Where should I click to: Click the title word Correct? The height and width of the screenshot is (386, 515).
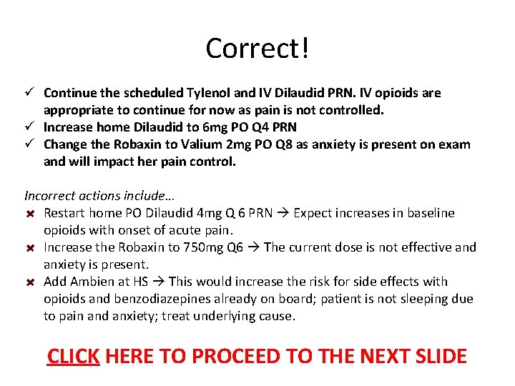pyautogui.click(x=257, y=49)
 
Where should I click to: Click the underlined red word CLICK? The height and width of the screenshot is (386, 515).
pyautogui.click(x=73, y=355)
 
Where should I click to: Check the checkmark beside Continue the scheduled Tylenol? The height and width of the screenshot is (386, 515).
pyautogui.click(x=30, y=93)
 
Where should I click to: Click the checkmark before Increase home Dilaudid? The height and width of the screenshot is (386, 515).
pyautogui.click(x=30, y=127)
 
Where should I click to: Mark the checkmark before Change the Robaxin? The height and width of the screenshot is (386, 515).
pyautogui.click(x=30, y=144)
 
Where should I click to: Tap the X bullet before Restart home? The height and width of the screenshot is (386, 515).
pyautogui.click(x=30, y=213)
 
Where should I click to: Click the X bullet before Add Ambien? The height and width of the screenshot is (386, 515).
pyautogui.click(x=30, y=282)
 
